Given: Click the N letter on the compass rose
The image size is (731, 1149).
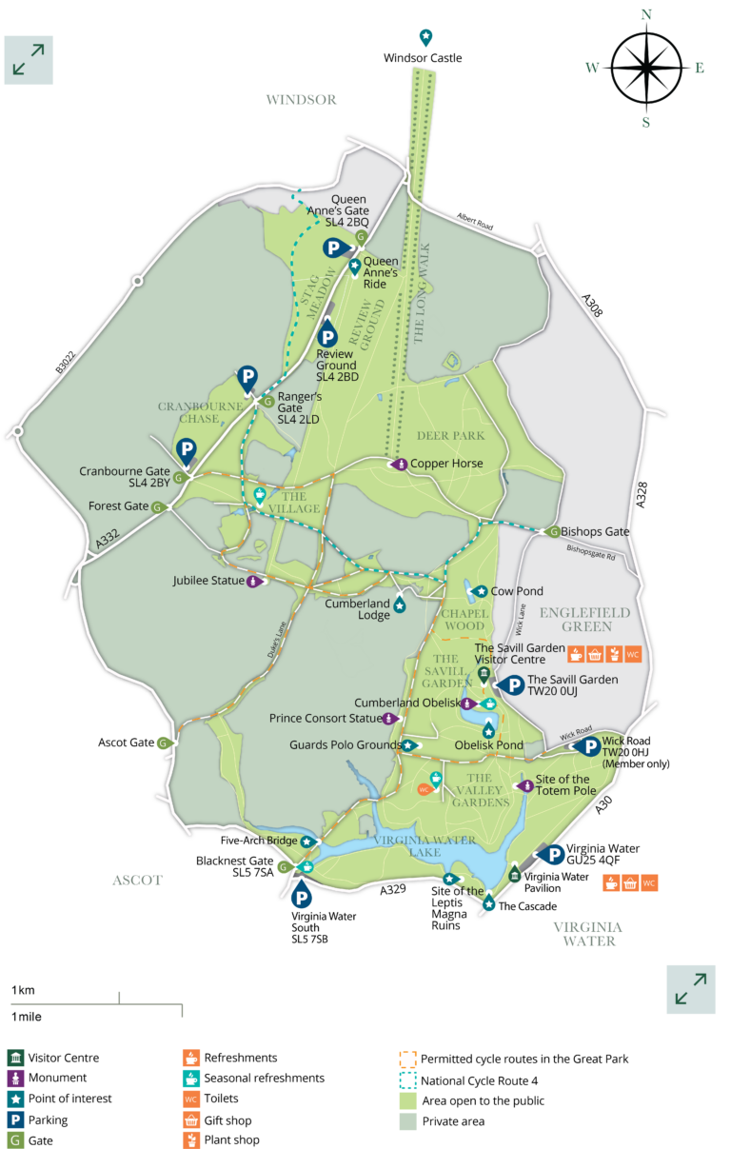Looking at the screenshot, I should click(x=646, y=14).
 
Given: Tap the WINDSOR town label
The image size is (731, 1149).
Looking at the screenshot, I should click(x=301, y=99).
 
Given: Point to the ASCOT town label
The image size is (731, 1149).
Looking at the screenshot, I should click(x=137, y=881).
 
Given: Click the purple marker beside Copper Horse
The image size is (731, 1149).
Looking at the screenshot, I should click(x=401, y=464).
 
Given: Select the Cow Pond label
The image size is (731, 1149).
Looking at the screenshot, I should click(x=517, y=591).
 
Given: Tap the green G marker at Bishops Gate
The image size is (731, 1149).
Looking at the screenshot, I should click(x=553, y=531).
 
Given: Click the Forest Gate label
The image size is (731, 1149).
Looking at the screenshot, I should click(x=119, y=506).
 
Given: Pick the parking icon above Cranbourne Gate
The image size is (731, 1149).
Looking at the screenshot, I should click(x=187, y=450).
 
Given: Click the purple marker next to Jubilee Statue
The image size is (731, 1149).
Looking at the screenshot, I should click(x=253, y=581).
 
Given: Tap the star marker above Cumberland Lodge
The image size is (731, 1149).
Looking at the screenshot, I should click(x=400, y=605).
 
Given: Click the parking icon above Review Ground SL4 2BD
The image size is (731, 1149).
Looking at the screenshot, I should click(x=327, y=336).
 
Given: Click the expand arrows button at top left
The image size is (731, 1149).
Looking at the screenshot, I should click(x=29, y=60).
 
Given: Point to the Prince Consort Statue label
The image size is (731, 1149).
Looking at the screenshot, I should click(x=324, y=718).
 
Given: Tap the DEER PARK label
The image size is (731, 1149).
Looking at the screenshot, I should click(x=450, y=436).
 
